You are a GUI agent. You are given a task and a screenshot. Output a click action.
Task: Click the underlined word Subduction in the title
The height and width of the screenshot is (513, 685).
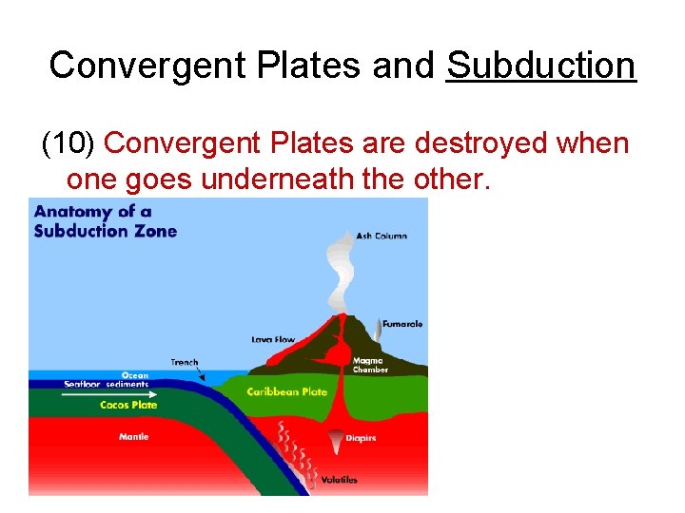click(x=540, y=66)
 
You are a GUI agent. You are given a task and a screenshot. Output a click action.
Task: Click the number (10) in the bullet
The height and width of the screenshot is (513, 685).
click(x=68, y=143)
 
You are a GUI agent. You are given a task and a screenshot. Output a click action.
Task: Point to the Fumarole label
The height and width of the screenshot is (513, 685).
click(x=402, y=324)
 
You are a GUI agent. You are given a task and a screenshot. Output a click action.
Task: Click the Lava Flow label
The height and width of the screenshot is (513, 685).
click(x=274, y=338)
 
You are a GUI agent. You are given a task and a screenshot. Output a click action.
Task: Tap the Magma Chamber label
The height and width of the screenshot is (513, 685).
click(x=369, y=365)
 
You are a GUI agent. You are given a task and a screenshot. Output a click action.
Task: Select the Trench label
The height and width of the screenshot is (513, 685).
click(x=185, y=362)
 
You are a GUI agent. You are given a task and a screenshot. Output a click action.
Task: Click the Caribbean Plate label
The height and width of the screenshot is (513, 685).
click(x=286, y=391)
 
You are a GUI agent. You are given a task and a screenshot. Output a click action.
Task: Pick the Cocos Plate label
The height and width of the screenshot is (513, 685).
click(x=128, y=405)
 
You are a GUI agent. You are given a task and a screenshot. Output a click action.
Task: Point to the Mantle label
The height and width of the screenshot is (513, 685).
click(x=133, y=437)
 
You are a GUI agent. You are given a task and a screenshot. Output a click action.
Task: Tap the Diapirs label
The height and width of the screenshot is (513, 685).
click(x=362, y=438)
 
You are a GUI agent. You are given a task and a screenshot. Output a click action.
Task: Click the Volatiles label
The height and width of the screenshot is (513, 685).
click(x=339, y=480)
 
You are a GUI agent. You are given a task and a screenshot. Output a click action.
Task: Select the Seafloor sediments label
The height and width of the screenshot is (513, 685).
click(x=107, y=384)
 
